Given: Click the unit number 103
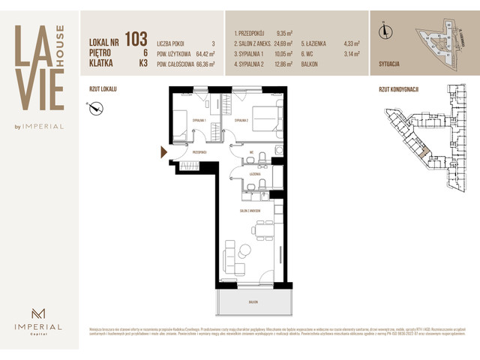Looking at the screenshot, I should (x=136, y=38).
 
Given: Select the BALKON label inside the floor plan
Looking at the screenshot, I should (x=254, y=300).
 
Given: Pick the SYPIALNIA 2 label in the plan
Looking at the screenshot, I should (x=241, y=120).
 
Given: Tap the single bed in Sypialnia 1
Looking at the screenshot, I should (x=181, y=124).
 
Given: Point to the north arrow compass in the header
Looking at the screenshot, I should (x=386, y=31).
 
